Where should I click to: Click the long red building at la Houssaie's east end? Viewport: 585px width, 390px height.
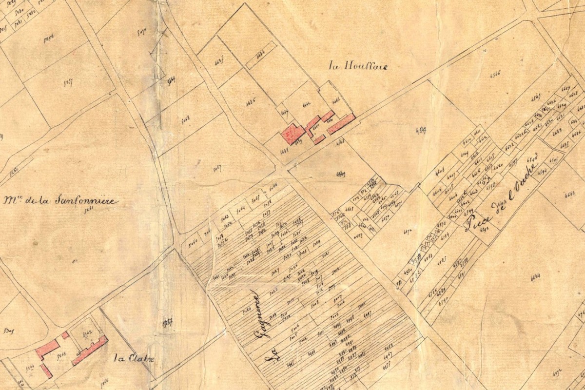pos(341,124)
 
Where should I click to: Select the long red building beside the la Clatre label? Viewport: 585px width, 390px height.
pos(90,350)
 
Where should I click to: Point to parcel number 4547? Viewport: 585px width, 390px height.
pos(421,130)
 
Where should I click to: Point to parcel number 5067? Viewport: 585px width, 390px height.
pos(217,168)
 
